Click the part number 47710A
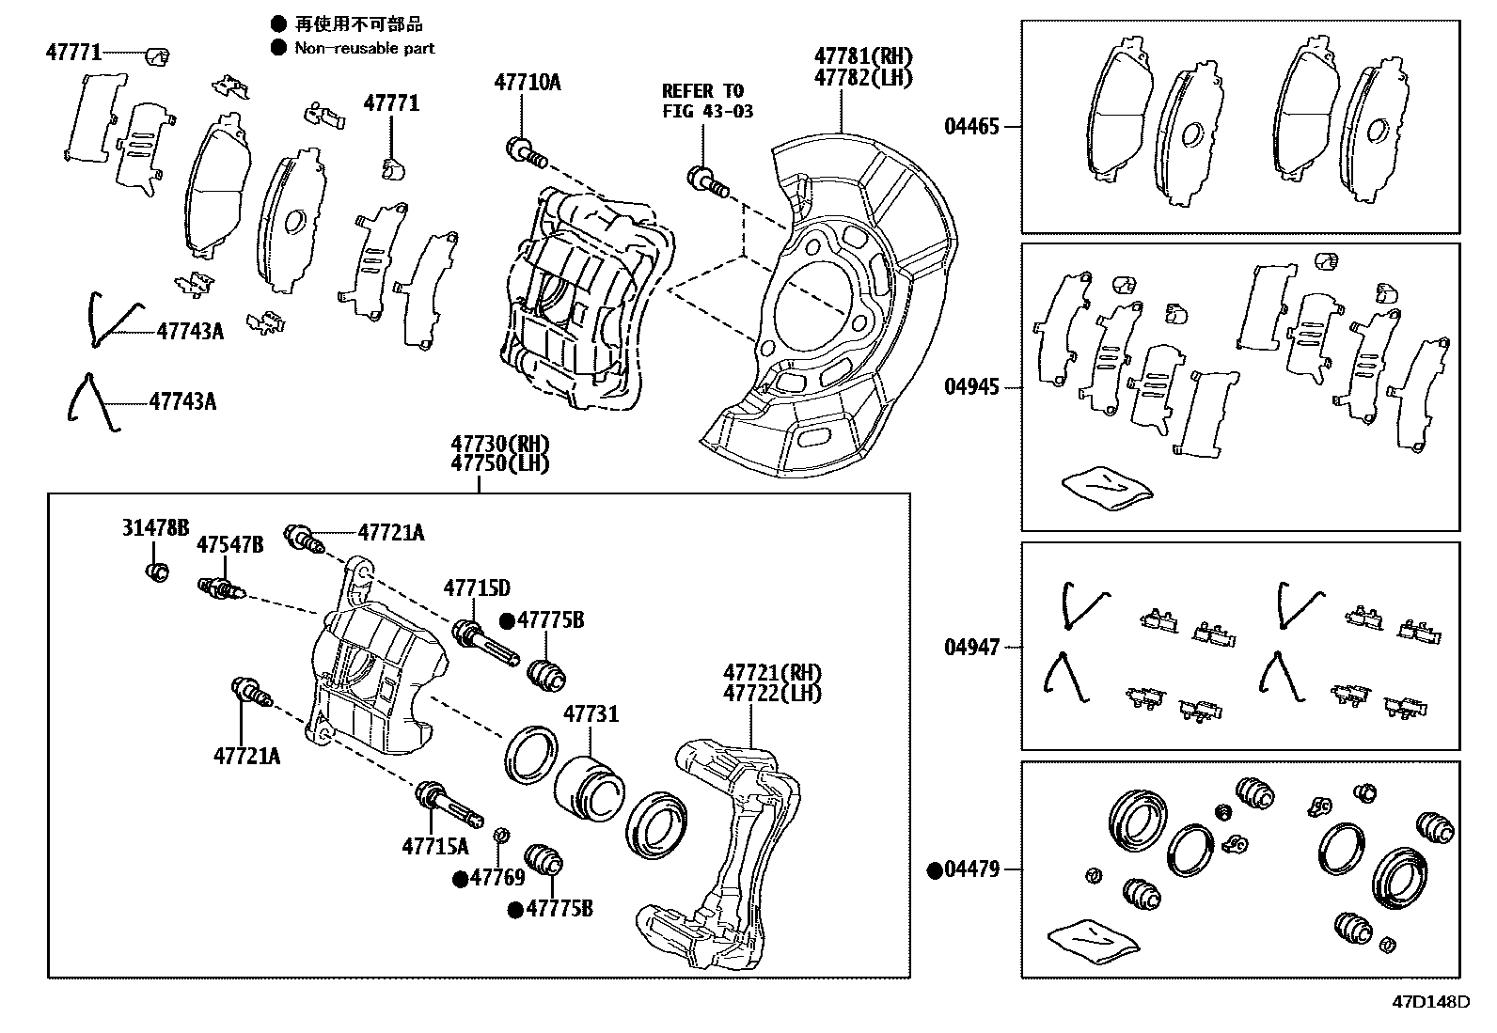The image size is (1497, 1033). pos(528,82)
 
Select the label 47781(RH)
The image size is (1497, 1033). pos(863,56)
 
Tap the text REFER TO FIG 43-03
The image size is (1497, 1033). pos(707,101)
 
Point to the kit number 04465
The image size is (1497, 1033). pos(971,126)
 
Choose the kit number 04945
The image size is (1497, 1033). pos(972,387)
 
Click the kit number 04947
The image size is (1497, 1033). pos(972,647)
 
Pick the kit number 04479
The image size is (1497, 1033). pos(971,869)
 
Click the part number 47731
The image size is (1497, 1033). pos(591,714)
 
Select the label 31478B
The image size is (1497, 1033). pos(155,528)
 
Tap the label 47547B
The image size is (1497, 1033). pos(229,545)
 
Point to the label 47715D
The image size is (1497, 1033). pos(477,588)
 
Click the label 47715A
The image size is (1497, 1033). pos(435,847)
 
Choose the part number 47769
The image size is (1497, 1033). pos(497,877)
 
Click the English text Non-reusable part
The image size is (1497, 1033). pos(364,48)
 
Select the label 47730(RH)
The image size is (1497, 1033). pos(500,444)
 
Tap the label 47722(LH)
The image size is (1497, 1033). pos(772,694)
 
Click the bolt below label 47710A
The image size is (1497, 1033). pos(527,153)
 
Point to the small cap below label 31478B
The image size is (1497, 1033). pos(157,572)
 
